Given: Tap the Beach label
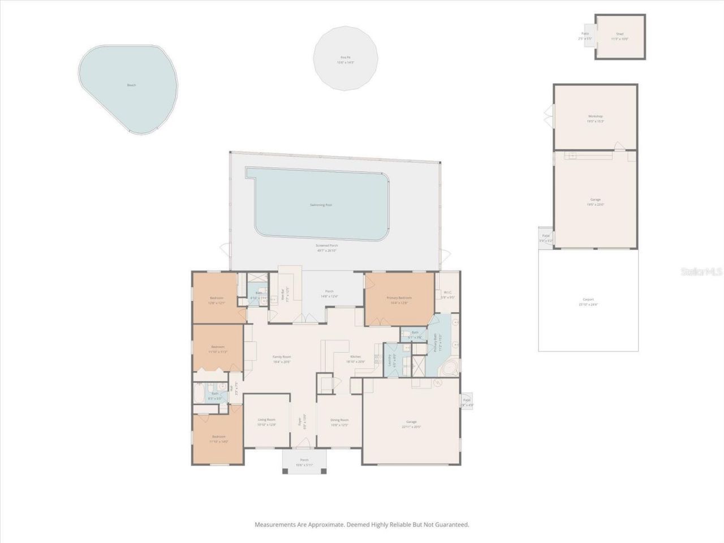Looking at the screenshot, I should (131, 85).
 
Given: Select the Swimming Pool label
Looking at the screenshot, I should (321, 205).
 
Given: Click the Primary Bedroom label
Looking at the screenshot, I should (399, 298).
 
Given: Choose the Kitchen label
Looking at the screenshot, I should (355, 357).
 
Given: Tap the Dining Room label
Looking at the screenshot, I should (339, 420).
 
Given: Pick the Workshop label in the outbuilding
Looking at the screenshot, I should (595, 117).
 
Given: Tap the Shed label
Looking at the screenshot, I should (619, 34).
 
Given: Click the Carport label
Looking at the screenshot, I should (588, 300).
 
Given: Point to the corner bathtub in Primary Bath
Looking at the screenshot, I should (450, 369).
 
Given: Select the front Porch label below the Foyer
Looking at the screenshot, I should (304, 460).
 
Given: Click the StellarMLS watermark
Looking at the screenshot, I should (701, 272).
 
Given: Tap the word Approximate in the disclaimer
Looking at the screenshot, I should (324, 525).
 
